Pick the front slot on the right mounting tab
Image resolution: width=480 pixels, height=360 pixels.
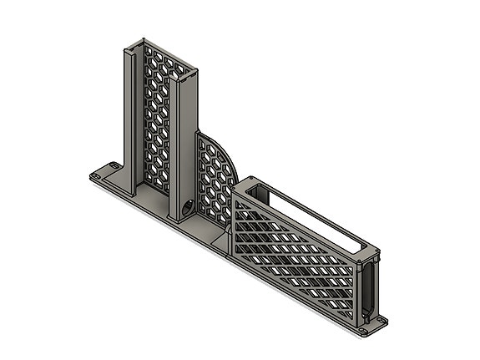[365, 332]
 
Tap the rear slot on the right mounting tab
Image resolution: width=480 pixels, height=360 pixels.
[383, 321]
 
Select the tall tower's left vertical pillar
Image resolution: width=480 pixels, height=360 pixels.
[131, 117]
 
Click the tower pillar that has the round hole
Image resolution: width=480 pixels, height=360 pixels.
[184, 142]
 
